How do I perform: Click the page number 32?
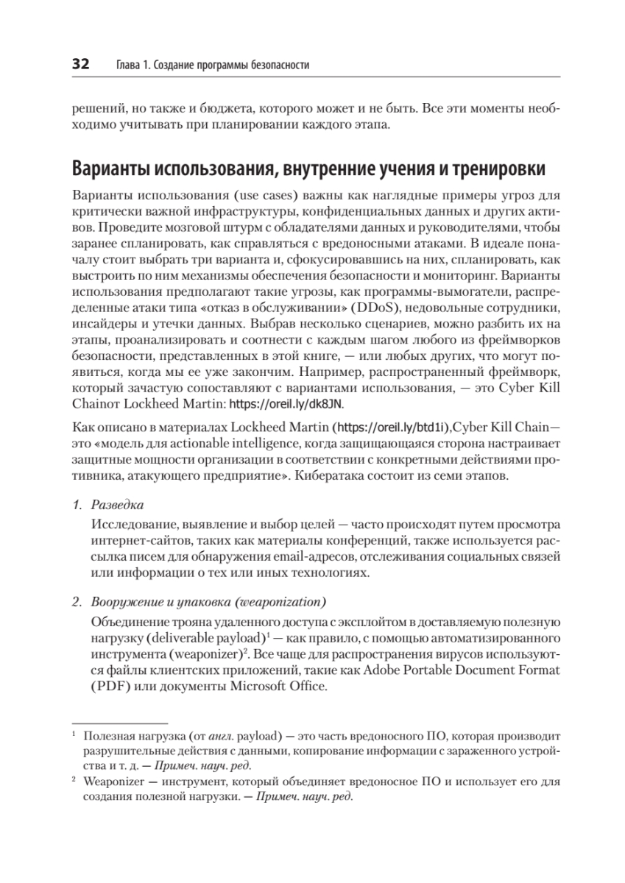(x=80, y=65)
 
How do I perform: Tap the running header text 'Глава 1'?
(x=133, y=66)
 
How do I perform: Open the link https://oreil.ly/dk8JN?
(x=288, y=404)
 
